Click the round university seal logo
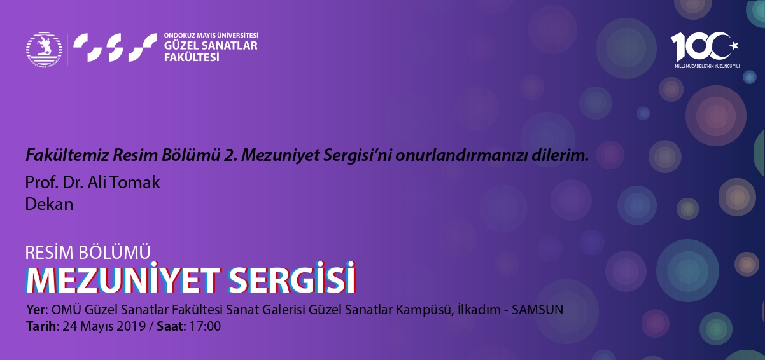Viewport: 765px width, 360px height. click(44, 49)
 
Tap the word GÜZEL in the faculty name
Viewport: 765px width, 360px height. click(181, 45)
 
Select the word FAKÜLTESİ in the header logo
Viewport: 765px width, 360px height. click(192, 57)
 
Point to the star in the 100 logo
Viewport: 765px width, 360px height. click(734, 45)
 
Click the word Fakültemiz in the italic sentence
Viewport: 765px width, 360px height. click(67, 155)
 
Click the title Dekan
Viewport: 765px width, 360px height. click(49, 204)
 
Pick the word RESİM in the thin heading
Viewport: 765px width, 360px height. click(50, 253)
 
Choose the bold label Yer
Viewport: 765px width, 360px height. click(36, 310)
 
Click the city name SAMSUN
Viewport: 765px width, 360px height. click(537, 310)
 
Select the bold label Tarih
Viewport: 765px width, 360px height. click(41, 326)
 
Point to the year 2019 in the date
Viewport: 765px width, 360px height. click(131, 326)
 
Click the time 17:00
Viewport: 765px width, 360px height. click(205, 326)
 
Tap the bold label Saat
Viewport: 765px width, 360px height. click(170, 326)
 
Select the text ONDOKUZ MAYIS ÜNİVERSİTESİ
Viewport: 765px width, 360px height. click(211, 35)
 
